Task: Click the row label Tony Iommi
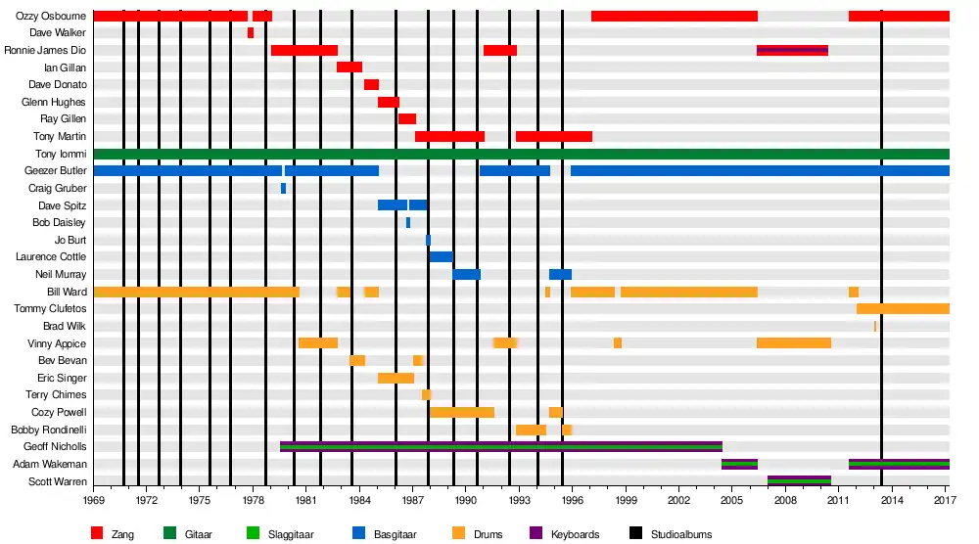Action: tap(61, 154)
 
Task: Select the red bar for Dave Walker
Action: tap(251, 33)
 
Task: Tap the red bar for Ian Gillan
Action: tap(350, 68)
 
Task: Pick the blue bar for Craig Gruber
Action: tap(284, 188)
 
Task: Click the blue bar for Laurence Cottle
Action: tap(441, 257)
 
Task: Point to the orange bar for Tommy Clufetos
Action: tap(903, 309)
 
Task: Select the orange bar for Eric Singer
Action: tap(396, 378)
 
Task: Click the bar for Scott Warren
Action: tap(799, 481)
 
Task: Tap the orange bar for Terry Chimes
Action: tap(426, 395)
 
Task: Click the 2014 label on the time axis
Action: tap(892, 500)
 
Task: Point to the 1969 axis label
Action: tap(94, 500)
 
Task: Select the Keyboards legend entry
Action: tap(575, 534)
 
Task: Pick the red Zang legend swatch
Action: tap(97, 534)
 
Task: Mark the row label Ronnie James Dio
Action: tap(45, 50)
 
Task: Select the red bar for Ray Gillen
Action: tap(406, 119)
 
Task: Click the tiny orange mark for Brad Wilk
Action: tap(875, 327)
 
